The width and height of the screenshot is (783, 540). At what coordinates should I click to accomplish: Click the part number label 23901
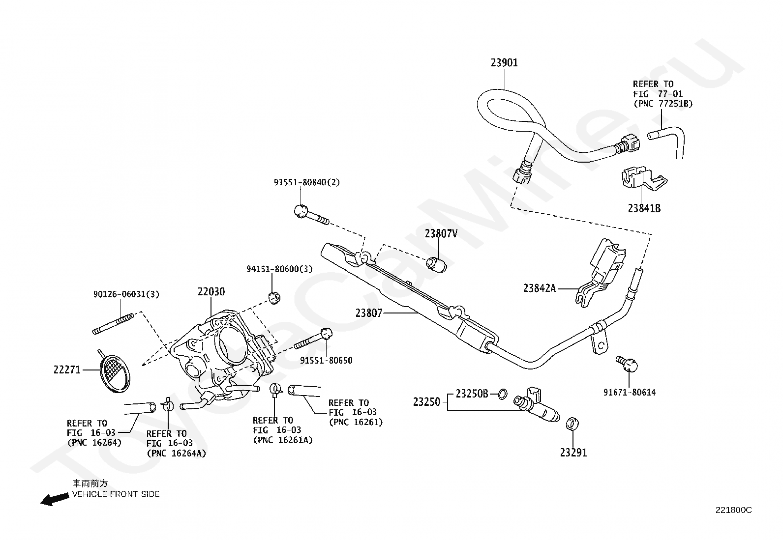[x=504, y=63]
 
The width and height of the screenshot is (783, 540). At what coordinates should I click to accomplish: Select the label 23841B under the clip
[x=644, y=208]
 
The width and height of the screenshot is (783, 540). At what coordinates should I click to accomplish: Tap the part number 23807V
[x=441, y=234]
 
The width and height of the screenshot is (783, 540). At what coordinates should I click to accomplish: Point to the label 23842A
[x=540, y=288]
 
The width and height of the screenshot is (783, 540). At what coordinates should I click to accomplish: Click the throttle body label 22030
[x=211, y=292]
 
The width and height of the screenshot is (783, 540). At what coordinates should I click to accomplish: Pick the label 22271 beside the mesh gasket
[x=67, y=369]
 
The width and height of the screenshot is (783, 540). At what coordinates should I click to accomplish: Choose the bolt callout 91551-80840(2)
[x=306, y=182]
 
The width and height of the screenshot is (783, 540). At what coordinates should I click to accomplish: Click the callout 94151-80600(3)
[x=279, y=269]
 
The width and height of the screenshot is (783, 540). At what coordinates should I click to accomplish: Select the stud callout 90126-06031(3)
[x=126, y=294]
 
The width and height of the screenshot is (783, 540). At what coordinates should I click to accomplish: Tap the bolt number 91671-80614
[x=630, y=392]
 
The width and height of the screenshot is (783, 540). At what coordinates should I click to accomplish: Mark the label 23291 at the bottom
[x=573, y=453]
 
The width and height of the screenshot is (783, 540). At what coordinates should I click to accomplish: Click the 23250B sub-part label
[x=472, y=394]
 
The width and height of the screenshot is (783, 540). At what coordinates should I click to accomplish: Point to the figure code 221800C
[x=733, y=511]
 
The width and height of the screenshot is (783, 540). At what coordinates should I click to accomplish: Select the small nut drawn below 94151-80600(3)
[x=274, y=298]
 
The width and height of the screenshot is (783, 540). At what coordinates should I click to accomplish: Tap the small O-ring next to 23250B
[x=502, y=395]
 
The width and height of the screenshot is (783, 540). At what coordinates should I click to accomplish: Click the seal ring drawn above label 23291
[x=572, y=424]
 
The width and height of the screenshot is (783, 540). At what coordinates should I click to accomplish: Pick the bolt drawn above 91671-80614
[x=627, y=364]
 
